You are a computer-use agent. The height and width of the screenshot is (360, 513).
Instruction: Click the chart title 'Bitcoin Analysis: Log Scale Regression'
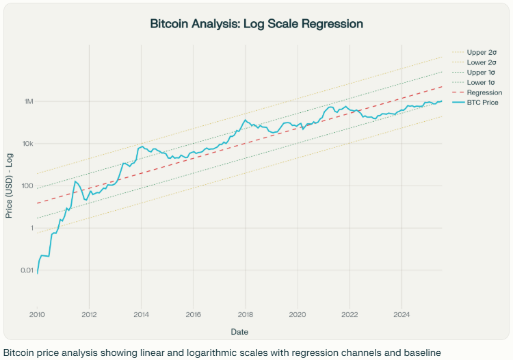[256, 24]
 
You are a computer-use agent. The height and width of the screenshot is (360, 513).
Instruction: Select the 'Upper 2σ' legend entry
[482, 51]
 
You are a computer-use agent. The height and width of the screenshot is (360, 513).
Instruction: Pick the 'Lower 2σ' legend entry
[482, 62]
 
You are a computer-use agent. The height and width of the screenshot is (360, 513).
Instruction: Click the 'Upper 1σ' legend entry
[482, 72]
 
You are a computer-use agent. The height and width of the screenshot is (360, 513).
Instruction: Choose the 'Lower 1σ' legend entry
[482, 82]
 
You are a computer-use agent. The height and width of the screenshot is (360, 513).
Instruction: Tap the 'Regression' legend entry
[484, 92]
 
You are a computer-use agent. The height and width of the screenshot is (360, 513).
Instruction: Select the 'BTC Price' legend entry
[483, 103]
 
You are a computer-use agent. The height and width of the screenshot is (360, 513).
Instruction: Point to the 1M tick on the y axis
[29, 101]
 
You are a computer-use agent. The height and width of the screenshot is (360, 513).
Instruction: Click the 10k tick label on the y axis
[28, 144]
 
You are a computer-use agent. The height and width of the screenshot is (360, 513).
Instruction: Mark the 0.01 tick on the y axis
[25, 270]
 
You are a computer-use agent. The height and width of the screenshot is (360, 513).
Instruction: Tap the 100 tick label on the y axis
[27, 186]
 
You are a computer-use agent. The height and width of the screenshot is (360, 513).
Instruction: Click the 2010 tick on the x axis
[37, 315]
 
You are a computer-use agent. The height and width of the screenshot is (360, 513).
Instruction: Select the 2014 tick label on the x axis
[142, 315]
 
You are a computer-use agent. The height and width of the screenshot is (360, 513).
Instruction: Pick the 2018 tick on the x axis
[246, 315]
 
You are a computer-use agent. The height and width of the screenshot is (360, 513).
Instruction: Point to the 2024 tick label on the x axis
[402, 315]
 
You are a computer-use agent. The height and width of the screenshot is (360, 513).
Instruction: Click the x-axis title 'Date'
[239, 331]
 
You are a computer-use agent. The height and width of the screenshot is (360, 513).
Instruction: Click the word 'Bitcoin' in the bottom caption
[17, 353]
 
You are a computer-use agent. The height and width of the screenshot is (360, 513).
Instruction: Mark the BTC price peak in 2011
[75, 181]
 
